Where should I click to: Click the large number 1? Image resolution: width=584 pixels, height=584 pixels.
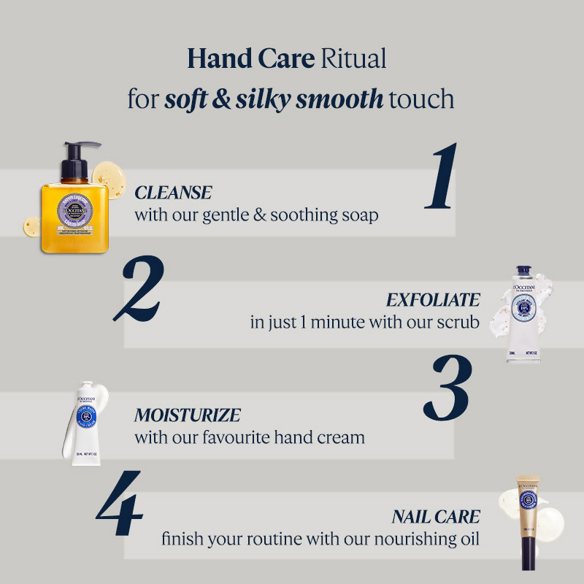click(x=442, y=177)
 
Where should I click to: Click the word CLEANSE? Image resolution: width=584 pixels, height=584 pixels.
click(x=173, y=193)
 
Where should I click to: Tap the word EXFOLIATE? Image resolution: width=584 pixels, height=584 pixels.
click(x=433, y=300)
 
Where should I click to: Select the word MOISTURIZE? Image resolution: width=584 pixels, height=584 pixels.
click(x=188, y=415)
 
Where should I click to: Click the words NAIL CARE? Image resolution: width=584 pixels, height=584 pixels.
click(x=436, y=518)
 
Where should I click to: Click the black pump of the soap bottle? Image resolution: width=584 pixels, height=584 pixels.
click(x=79, y=161)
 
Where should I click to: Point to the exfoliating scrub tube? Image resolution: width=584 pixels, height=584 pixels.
click(x=523, y=314)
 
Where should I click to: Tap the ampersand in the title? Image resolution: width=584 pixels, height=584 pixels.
click(x=221, y=99)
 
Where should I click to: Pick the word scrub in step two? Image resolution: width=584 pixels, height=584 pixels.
click(x=459, y=322)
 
